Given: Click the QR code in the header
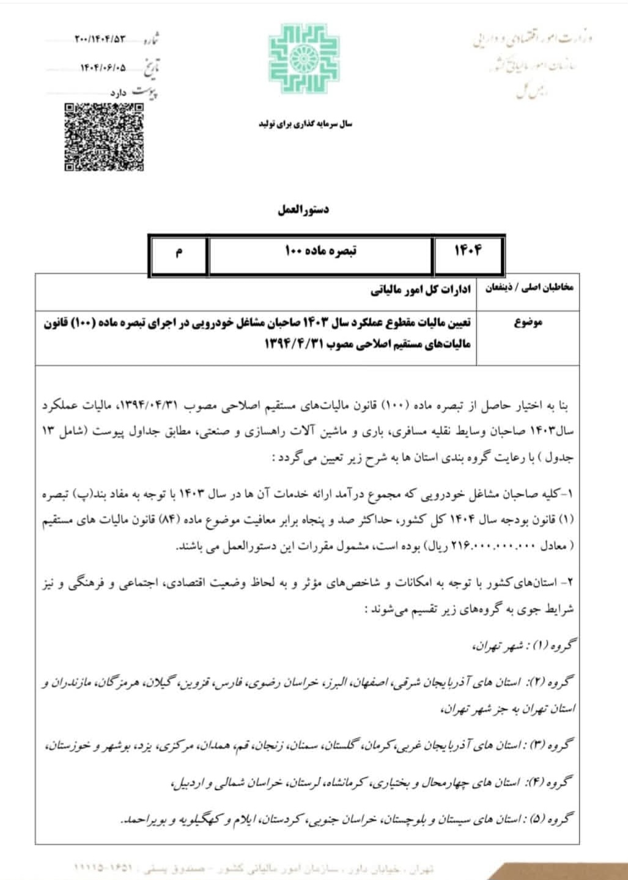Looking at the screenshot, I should pyautogui.click(x=105, y=137).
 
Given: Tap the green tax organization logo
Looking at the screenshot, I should pyautogui.click(x=304, y=59).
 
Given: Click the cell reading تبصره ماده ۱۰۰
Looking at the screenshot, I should pyautogui.click(x=321, y=251).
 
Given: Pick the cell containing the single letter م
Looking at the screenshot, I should pyautogui.click(x=179, y=252).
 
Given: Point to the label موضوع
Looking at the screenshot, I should pyautogui.click(x=528, y=323).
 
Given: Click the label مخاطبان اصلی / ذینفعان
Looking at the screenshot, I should pyautogui.click(x=530, y=287).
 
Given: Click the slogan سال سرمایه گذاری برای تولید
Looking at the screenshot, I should pyautogui.click(x=305, y=124).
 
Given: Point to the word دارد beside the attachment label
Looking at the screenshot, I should pyautogui.click(x=118, y=94).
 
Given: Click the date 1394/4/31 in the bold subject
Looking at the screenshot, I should pyautogui.click(x=295, y=344).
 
